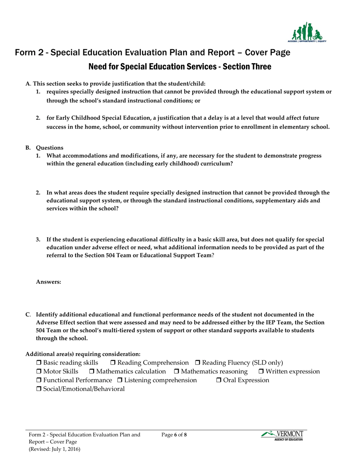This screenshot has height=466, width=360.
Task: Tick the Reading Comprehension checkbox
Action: [113, 363]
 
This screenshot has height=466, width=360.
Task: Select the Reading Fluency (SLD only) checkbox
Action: [197, 363]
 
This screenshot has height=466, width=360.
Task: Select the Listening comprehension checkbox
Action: [120, 380]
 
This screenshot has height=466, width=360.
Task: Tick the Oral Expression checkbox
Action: [219, 380]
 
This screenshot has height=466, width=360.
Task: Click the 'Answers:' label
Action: [48, 282]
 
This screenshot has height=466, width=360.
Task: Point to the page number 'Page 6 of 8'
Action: [174, 435]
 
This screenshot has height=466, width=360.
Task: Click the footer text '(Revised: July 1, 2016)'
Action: [54, 449]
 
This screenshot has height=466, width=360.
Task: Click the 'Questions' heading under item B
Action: [50, 147]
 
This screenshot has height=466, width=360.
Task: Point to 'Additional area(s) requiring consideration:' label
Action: [83, 354]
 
